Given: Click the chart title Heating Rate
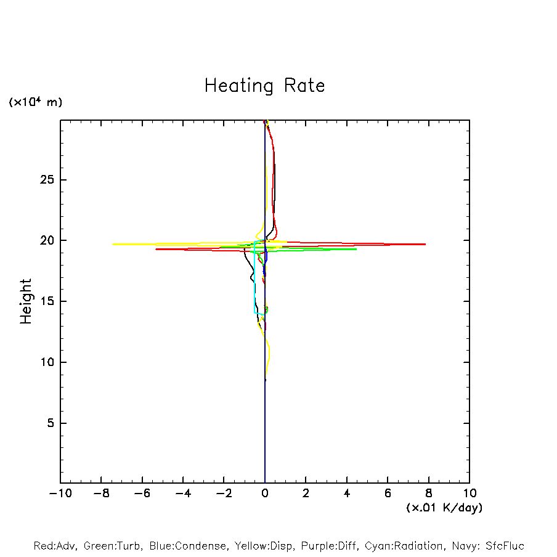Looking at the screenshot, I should point(264,86).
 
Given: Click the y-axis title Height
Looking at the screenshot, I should point(26,301).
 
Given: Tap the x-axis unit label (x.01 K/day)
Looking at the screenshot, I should point(444,508).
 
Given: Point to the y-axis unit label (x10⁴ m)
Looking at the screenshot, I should point(35,102).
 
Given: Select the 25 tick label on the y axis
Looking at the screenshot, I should point(44,180).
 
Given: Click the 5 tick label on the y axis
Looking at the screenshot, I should point(49,423).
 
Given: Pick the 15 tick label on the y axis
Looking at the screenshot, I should point(44,301).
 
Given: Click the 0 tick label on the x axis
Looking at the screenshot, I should point(265,494).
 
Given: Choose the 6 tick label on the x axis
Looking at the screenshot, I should point(388,494).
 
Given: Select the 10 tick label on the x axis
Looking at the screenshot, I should point(469,494).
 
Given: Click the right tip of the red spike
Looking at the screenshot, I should point(425,244).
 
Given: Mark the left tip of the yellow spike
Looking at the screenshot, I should point(112,244).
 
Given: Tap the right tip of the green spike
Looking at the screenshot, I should point(356,249).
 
